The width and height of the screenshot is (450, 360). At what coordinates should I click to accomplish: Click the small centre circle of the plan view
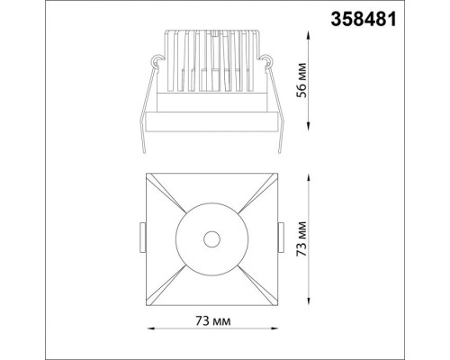tap(212, 238)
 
